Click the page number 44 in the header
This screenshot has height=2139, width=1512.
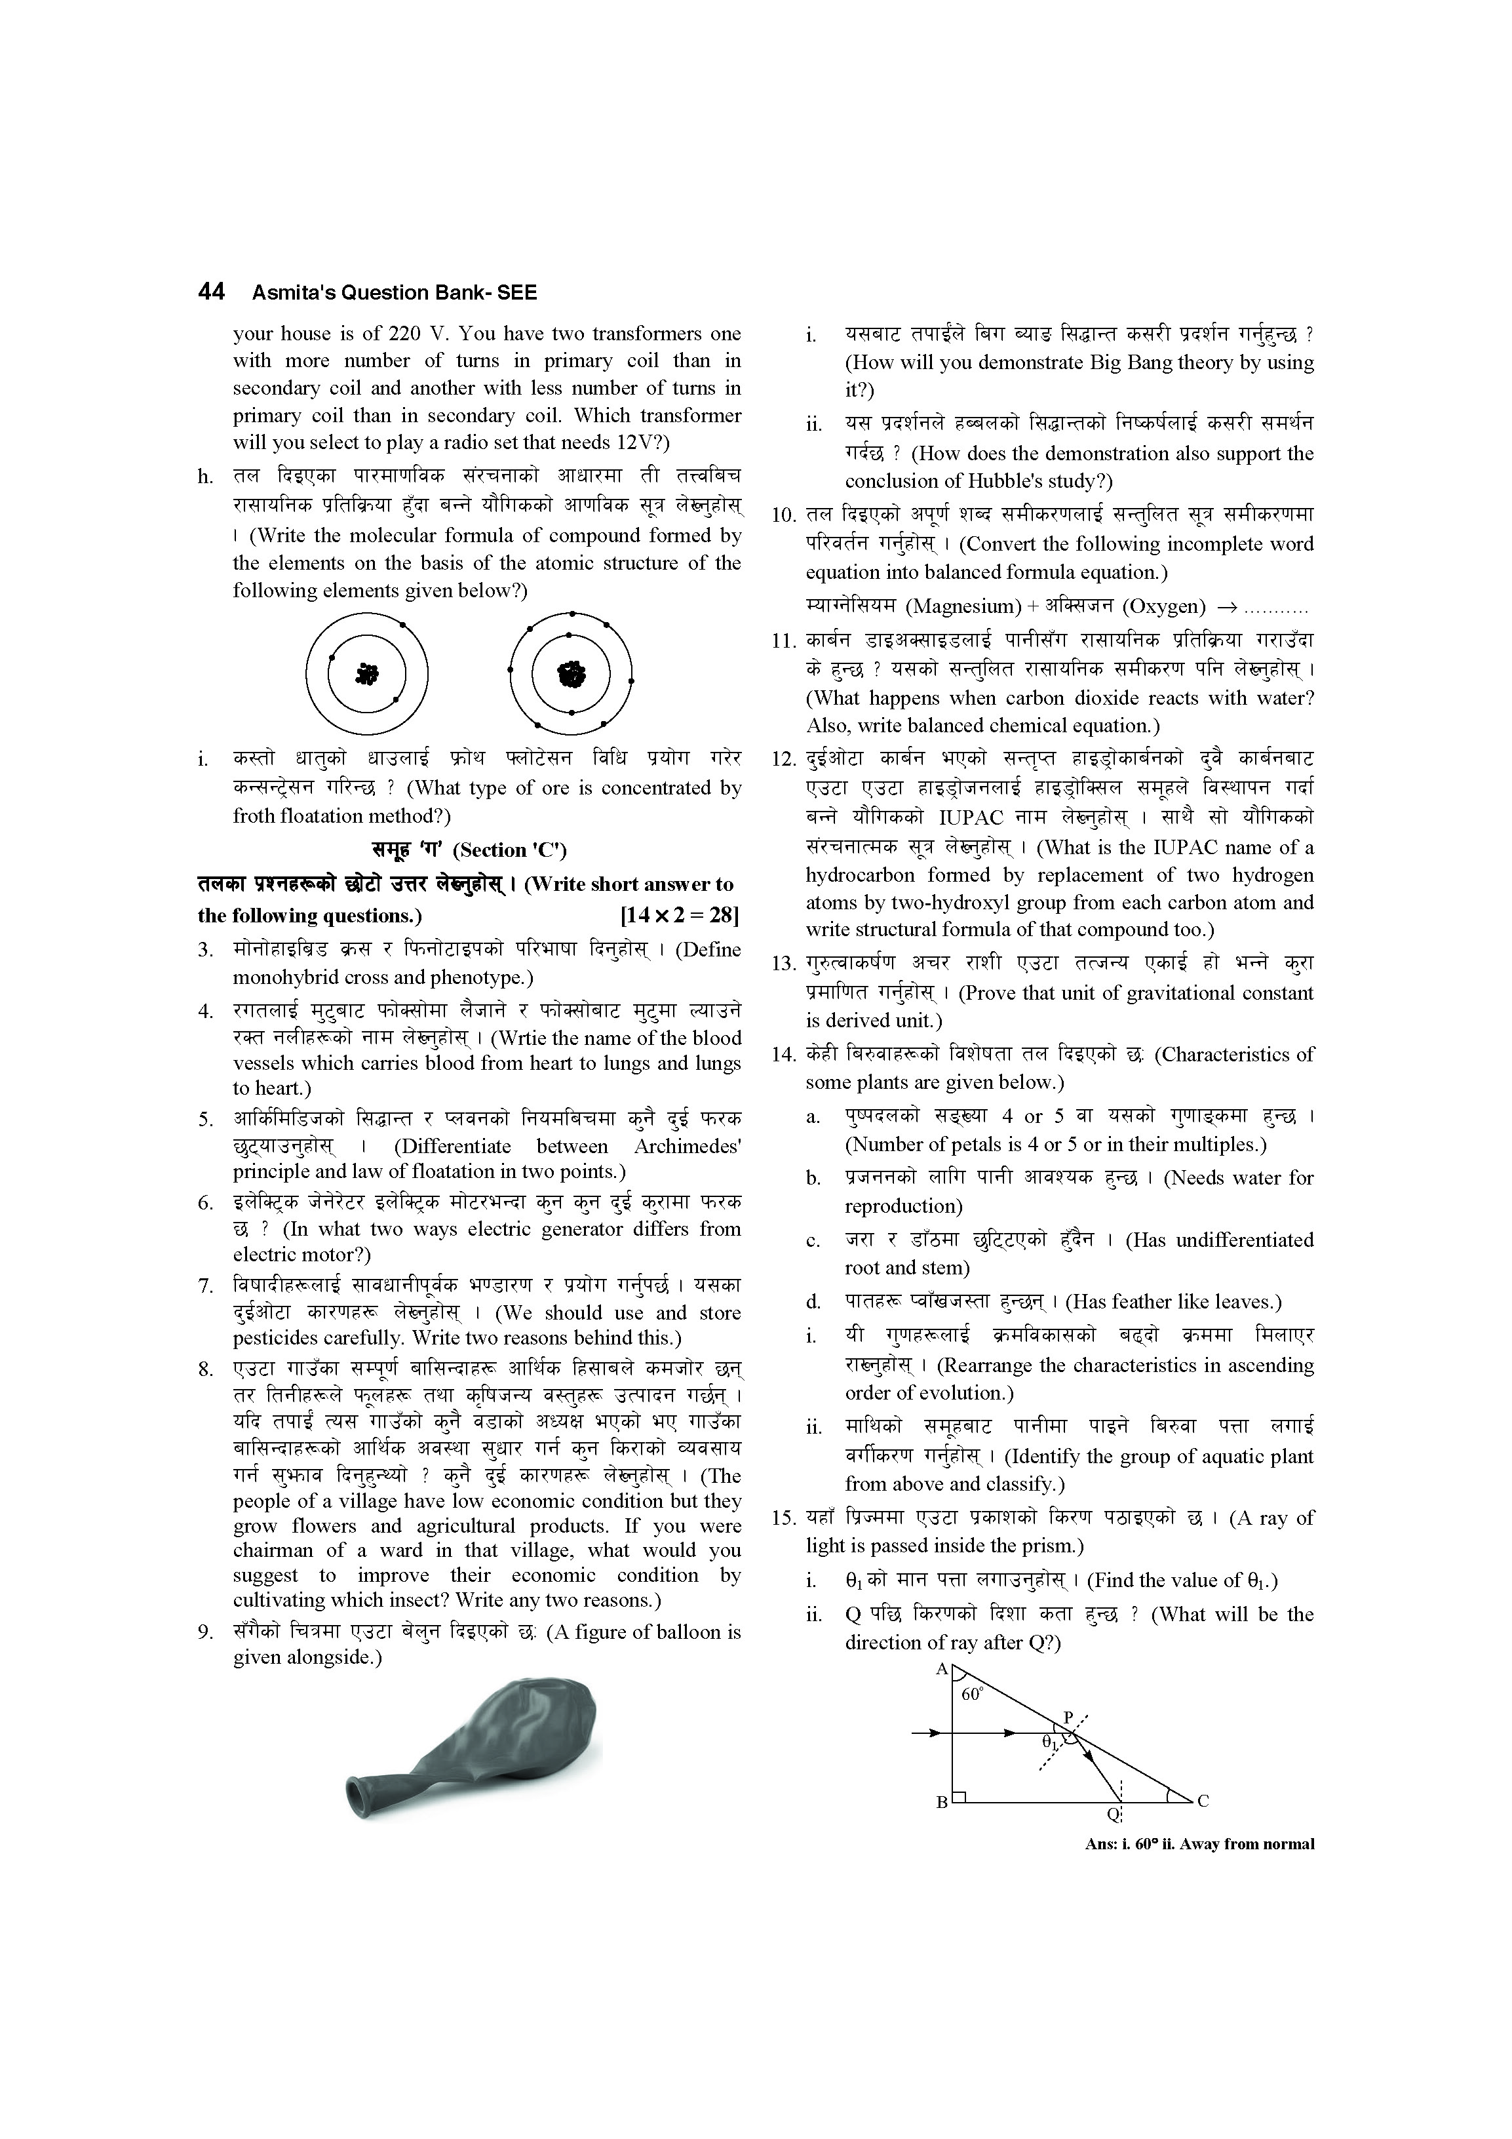(x=212, y=292)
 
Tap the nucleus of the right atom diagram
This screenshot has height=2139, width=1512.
(x=570, y=674)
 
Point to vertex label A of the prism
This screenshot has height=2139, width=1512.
(x=941, y=1670)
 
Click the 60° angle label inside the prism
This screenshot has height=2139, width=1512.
(x=972, y=1695)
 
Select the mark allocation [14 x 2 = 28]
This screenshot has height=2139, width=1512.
(x=679, y=916)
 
